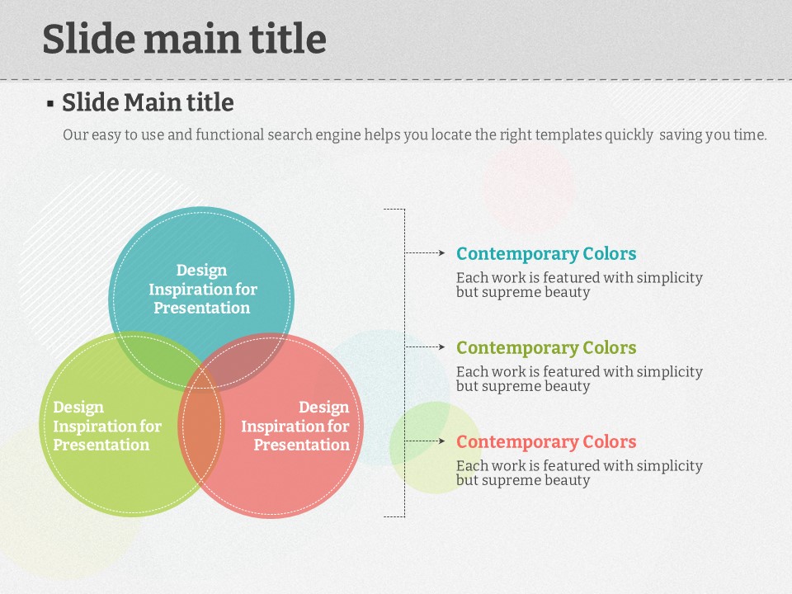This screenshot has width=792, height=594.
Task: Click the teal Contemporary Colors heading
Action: click(x=546, y=253)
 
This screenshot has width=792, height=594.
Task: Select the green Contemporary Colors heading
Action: click(x=546, y=347)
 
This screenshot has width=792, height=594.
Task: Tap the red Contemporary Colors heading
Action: click(x=546, y=441)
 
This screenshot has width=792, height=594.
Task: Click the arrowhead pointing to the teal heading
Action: click(x=441, y=252)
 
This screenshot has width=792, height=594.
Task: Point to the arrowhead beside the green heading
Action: click(x=441, y=346)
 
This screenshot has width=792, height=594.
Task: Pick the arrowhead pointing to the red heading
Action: click(x=441, y=441)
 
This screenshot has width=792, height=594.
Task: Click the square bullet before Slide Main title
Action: click(x=50, y=104)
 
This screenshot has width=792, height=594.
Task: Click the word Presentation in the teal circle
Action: click(x=201, y=308)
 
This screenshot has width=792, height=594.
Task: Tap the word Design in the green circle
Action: click(x=78, y=407)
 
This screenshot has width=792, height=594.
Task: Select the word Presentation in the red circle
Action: click(x=301, y=445)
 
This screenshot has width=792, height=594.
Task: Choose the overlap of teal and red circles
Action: click(x=243, y=360)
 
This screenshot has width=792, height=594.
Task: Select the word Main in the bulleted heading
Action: click(x=153, y=102)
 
